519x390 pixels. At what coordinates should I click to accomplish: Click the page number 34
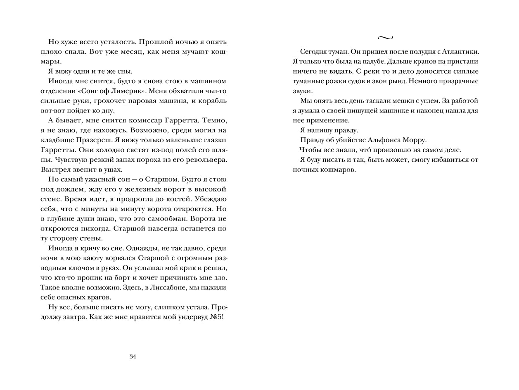tap(133, 357)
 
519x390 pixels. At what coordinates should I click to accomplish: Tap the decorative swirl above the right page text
tap(385, 38)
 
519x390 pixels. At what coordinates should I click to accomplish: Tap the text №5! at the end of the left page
tap(217, 317)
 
